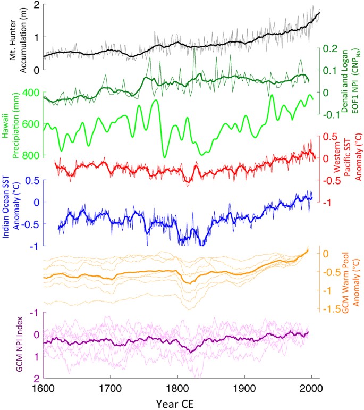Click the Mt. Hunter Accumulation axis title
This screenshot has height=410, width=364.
11,37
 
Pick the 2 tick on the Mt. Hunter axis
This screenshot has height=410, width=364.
37,5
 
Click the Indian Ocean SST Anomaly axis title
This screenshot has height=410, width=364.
11,200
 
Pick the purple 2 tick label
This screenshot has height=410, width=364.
36,379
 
